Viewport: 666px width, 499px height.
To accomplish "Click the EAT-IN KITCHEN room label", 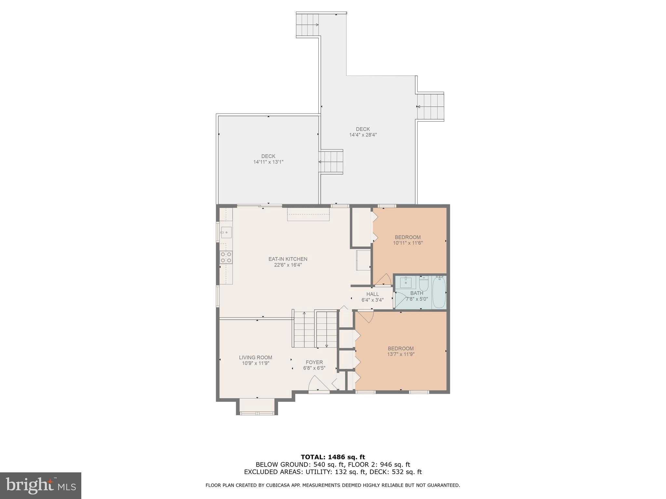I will [288, 259].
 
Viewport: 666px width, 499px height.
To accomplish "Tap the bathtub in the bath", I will [439, 292].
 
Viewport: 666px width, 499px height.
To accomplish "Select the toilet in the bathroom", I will [424, 284].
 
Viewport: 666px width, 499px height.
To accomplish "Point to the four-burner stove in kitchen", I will [226, 257].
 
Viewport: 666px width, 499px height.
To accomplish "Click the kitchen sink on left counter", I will [226, 232].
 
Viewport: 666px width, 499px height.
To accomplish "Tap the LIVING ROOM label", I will [256, 357].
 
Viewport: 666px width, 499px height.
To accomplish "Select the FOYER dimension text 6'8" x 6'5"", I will [314, 368].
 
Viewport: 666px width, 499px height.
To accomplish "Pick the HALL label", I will [373, 294].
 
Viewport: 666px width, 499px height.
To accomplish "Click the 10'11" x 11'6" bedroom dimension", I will [408, 243].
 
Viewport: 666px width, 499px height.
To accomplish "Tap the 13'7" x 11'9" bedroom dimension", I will [401, 354].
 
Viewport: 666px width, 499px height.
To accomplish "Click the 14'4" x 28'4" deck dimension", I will [363, 135].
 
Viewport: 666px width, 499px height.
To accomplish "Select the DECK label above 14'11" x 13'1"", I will [268, 156].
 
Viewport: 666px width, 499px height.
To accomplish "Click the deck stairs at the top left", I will [307, 25].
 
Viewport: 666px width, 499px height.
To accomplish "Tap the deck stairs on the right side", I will [431, 107].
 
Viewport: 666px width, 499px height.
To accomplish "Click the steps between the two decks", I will [331, 162].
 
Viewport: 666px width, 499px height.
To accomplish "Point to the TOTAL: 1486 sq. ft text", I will [333, 457].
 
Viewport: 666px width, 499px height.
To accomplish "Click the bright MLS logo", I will [41, 485].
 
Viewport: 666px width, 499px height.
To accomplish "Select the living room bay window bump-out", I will [257, 406].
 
